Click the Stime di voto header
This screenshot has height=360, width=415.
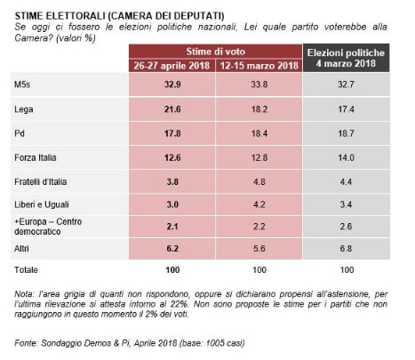pos(216,52)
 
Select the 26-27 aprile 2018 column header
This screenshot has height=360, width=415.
pos(172,65)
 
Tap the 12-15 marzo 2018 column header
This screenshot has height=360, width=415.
pos(259,65)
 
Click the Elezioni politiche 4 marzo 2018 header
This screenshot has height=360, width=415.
pos(346,58)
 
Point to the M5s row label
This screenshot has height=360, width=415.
pos(22,84)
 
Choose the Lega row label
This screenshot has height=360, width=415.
pos(24,109)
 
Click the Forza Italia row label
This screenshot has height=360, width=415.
pos(36,157)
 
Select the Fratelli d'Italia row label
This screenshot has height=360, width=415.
pos(40,181)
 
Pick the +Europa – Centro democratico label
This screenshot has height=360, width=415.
pos(48,227)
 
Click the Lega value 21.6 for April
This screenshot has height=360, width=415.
pos(172,109)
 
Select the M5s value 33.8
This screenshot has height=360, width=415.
pos(259,84)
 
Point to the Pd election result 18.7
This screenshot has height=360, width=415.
pos(346,133)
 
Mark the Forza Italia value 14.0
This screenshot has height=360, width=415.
pos(346,157)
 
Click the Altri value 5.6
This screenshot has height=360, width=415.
pos(259,248)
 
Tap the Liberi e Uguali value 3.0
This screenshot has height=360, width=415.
pos(172,204)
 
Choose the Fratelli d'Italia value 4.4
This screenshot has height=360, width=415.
pos(346,181)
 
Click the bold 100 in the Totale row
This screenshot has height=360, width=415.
pos(172,269)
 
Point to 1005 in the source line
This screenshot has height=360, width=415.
pos(215,343)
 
